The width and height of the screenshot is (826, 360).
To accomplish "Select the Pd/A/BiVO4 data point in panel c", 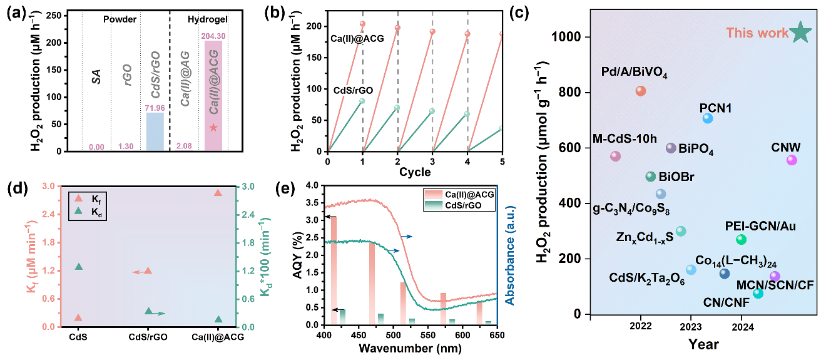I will (x=640, y=91).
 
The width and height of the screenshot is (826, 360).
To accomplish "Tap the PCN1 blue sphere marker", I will (x=708, y=118).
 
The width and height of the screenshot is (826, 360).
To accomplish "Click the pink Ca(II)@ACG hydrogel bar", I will (x=213, y=94).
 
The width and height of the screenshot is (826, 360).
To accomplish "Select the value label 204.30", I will (x=213, y=36).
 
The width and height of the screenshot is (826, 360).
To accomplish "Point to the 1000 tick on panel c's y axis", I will (x=565, y=37).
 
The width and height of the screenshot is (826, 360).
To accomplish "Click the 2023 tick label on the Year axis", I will (x=691, y=326).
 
